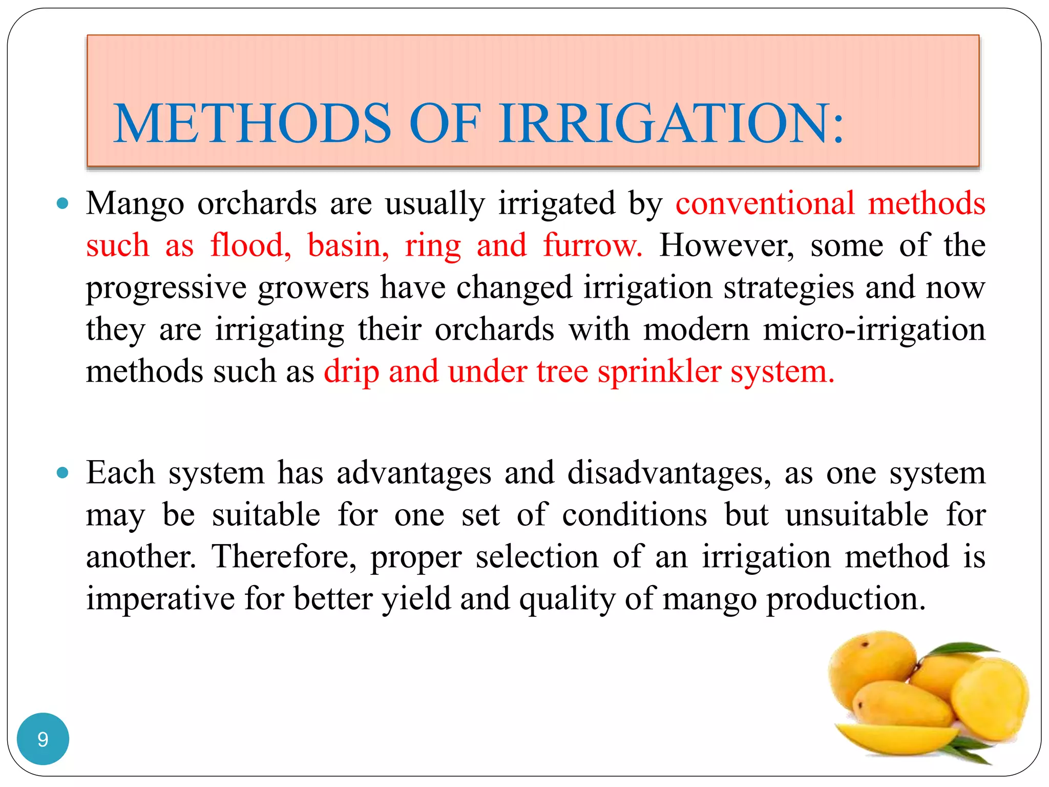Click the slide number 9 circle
(x=43, y=739)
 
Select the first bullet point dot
(x=62, y=204)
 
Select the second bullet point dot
(x=62, y=473)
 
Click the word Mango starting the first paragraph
(x=135, y=204)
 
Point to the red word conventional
(x=765, y=204)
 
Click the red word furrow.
(x=593, y=245)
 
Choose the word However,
(x=727, y=245)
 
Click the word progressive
(x=166, y=288)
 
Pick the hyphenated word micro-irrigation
(x=874, y=329)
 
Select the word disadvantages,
(x=669, y=473)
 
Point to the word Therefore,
(x=284, y=557)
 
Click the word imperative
(x=160, y=599)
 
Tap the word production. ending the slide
(x=846, y=599)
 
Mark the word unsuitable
(x=857, y=515)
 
